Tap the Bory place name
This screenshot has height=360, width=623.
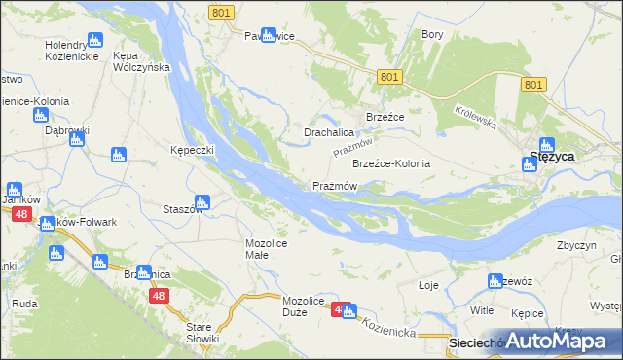432,34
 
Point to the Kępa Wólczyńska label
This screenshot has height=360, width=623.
142,61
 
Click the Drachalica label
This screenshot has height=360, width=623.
328,132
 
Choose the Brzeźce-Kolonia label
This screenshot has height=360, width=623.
390,163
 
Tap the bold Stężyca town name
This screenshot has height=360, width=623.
552,156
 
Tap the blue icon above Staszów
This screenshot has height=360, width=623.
202,202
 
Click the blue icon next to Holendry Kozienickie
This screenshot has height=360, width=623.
94,40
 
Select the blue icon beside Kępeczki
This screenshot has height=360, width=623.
119,154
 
